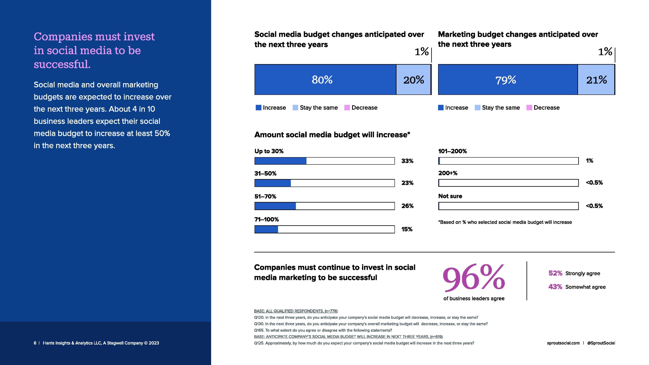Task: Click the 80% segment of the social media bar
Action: point(325,80)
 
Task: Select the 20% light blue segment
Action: point(413,80)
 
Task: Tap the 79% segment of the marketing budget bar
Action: point(508,80)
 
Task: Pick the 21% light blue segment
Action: point(596,80)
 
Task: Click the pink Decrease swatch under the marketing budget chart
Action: point(529,107)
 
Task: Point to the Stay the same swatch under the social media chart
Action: point(295,107)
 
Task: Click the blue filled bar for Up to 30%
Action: point(280,161)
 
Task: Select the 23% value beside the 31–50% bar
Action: point(407,183)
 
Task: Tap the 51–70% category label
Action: point(265,196)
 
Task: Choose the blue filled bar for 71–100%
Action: point(266,229)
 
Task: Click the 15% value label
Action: point(407,229)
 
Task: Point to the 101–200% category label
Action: point(452,151)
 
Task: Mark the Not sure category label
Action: point(450,196)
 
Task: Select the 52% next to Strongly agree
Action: point(555,273)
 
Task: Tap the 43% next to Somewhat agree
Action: point(555,287)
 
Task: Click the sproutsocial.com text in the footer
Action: point(563,343)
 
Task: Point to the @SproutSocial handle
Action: point(601,343)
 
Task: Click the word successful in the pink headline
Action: point(62,64)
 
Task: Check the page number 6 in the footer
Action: point(35,343)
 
